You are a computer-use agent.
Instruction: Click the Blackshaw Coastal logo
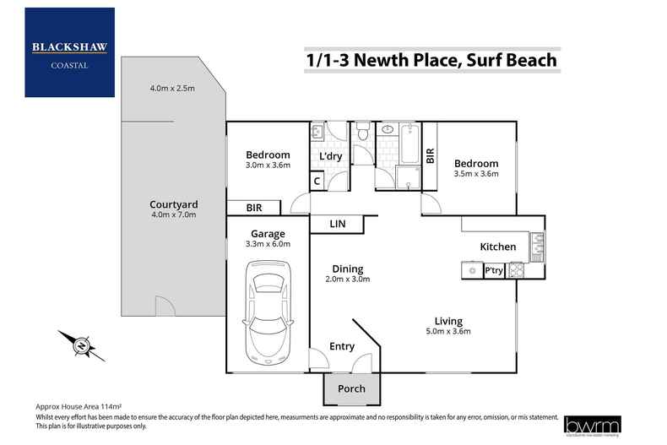pyautogui.click(x=70, y=52)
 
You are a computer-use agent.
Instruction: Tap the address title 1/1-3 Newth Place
pyautogui.click(x=430, y=61)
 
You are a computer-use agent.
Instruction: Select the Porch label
pyautogui.click(x=351, y=389)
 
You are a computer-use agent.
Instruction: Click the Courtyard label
pyautogui.click(x=174, y=204)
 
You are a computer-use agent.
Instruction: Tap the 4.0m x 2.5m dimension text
pyautogui.click(x=172, y=89)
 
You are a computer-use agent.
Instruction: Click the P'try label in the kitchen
pyautogui.click(x=494, y=271)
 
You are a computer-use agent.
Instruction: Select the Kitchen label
pyautogui.click(x=497, y=247)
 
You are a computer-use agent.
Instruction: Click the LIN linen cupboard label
pyautogui.click(x=336, y=224)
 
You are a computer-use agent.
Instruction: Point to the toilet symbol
pyautogui.click(x=362, y=133)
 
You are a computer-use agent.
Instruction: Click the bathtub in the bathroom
pyautogui.click(x=411, y=143)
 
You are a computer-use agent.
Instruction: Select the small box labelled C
pyautogui.click(x=317, y=181)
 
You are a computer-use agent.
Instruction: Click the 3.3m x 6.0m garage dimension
pyautogui.click(x=267, y=244)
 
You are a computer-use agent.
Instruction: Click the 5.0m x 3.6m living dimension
pyautogui.click(x=447, y=332)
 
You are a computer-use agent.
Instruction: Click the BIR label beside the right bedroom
pyautogui.click(x=430, y=155)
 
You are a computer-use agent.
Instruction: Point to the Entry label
pyautogui.click(x=342, y=346)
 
